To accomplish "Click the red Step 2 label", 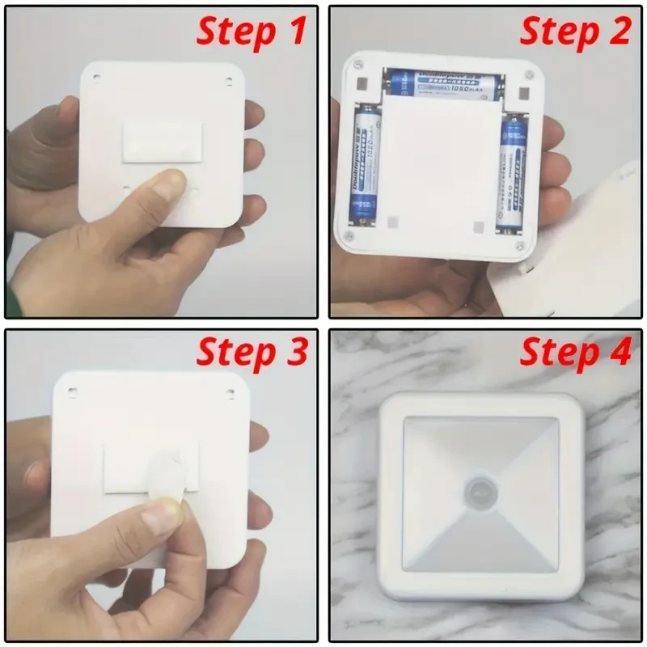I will click(x=574, y=32).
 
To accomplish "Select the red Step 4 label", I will click(x=574, y=353).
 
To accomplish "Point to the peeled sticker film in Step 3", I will click(x=166, y=469).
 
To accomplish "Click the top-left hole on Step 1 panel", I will click(x=96, y=78).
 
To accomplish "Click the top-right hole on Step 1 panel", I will click(x=229, y=79).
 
